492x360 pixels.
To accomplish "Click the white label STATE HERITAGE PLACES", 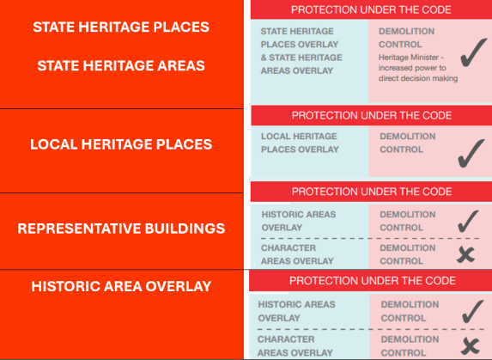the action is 121,27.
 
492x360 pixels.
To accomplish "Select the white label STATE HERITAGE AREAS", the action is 121,65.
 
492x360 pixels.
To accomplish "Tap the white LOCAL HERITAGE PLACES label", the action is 121,144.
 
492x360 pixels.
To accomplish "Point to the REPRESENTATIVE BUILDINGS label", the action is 121,229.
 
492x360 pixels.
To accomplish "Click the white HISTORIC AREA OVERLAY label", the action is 121,286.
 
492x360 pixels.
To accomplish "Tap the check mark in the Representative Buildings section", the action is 467,223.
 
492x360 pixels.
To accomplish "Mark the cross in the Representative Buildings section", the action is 465,254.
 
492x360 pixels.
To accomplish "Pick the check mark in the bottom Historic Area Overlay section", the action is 472,312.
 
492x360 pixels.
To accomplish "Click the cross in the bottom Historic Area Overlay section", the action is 470,346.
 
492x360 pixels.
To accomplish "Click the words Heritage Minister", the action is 409,58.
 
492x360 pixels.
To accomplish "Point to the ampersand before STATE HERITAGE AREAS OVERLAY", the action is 264,58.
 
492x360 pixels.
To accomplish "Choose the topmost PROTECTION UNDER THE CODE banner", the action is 371,9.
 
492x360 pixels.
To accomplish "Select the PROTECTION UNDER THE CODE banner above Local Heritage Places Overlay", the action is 372,115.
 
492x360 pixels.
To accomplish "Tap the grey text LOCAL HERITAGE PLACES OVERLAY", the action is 300,143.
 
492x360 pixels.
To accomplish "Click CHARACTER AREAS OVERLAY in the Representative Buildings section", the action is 297,254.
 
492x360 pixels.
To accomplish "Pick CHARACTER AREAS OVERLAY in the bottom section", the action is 295,346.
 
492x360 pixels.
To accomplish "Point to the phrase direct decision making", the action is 418,78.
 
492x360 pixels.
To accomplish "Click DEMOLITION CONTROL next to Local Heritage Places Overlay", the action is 408,143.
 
